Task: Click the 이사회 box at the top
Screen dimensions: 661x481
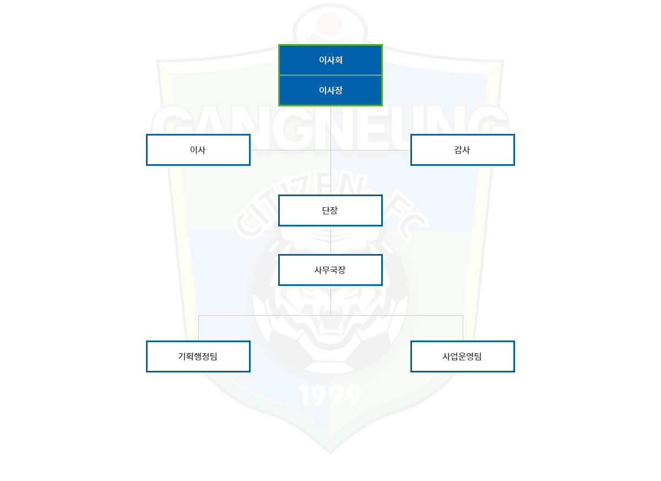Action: (x=330, y=60)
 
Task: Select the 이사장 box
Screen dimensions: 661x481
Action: (x=330, y=90)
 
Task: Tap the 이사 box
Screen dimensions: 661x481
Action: (x=198, y=150)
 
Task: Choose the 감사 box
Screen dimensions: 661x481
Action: (x=462, y=150)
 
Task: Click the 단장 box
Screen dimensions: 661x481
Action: (x=330, y=210)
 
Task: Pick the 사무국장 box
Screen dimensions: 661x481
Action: (x=330, y=270)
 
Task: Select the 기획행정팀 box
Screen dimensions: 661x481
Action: (x=198, y=356)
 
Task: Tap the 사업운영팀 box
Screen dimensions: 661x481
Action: (x=462, y=356)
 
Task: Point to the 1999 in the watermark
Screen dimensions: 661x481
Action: (x=330, y=396)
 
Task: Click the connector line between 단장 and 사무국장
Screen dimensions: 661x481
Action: (x=330, y=240)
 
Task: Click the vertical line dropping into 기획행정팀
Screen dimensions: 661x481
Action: (x=198, y=328)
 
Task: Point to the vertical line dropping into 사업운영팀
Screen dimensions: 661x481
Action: (x=463, y=328)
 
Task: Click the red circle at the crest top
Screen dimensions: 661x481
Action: (x=329, y=24)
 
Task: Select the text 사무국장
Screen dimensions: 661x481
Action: (x=330, y=270)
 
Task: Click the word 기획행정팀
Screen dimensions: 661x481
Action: (x=198, y=356)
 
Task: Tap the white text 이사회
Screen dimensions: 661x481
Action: (x=330, y=60)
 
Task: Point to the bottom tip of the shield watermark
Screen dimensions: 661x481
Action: (x=330, y=454)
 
